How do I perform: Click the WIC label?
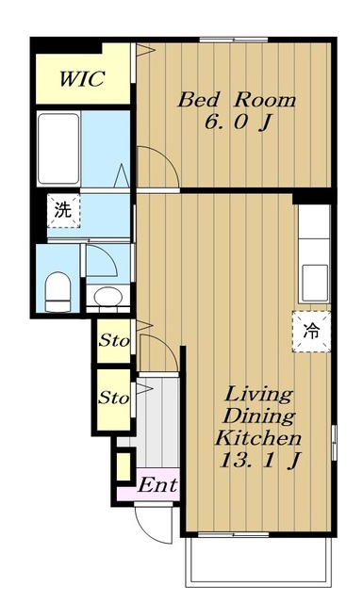(x=82, y=79)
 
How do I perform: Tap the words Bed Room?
(x=237, y=100)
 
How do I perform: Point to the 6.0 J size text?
(x=238, y=123)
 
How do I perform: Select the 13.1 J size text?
(x=259, y=460)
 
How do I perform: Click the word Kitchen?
(x=258, y=437)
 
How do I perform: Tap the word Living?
(x=258, y=395)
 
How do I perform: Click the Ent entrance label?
(x=157, y=485)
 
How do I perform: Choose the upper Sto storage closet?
(x=114, y=341)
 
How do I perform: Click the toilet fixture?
(x=58, y=292)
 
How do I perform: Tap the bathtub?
(x=58, y=149)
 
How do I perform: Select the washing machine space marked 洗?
(x=63, y=211)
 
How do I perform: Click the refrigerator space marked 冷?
(x=311, y=331)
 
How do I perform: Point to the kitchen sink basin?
(x=315, y=283)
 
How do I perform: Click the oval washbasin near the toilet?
(x=108, y=297)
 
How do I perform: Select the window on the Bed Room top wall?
(x=234, y=40)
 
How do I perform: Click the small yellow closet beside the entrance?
(x=124, y=467)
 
